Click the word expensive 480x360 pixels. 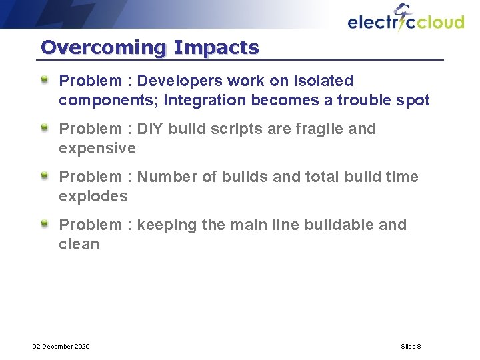[97, 148]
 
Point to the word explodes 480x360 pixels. [93, 196]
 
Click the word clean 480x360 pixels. [79, 244]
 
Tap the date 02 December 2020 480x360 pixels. [61, 346]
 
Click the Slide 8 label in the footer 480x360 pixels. [411, 346]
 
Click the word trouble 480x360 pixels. [363, 100]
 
